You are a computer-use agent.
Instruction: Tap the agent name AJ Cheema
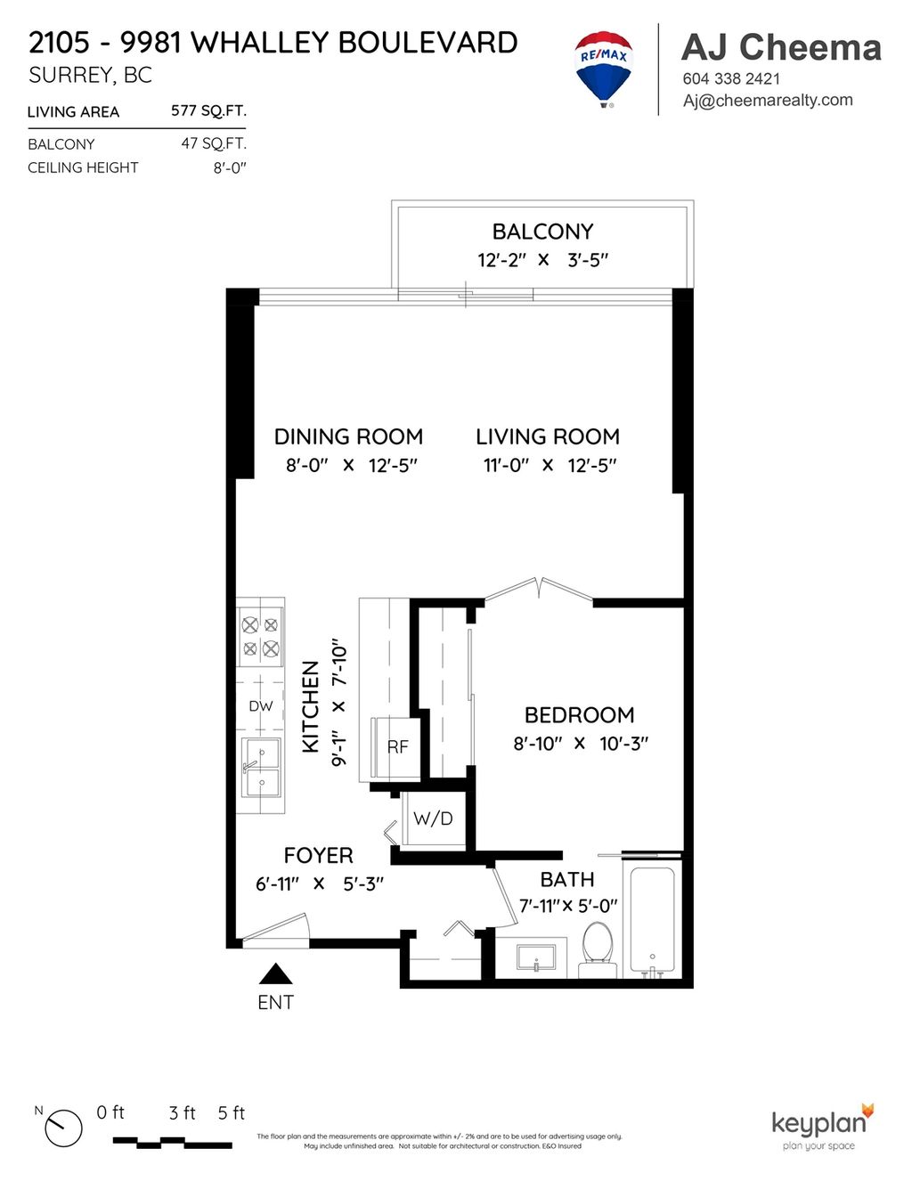click(x=781, y=47)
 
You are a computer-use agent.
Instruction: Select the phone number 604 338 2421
click(x=731, y=78)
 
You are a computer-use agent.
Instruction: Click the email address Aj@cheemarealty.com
click(x=768, y=101)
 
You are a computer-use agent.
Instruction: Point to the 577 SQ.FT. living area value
click(x=208, y=110)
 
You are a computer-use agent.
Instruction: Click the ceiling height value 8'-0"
click(x=230, y=167)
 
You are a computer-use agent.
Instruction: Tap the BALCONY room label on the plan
click(x=542, y=232)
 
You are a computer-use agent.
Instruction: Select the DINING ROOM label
click(x=348, y=436)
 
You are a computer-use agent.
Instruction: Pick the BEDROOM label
click(x=579, y=715)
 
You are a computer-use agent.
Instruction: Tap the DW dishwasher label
click(x=260, y=706)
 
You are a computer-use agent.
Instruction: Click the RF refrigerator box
click(x=396, y=747)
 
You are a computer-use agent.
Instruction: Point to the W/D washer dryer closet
click(x=434, y=819)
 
